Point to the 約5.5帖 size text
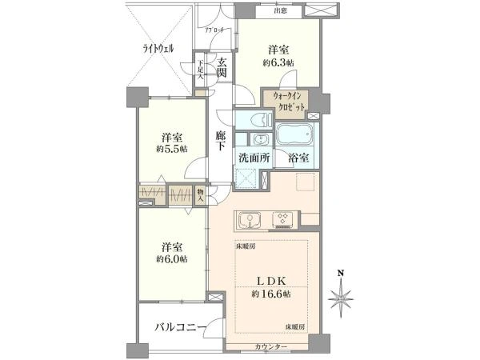tap(171, 149)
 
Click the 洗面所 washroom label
tap(254, 158)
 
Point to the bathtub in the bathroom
tap(295, 132)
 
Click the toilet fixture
tap(255, 121)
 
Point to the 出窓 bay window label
tap(279, 10)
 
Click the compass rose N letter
tap(341, 273)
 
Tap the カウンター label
tap(272, 346)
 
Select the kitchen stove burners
tap(282, 218)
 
